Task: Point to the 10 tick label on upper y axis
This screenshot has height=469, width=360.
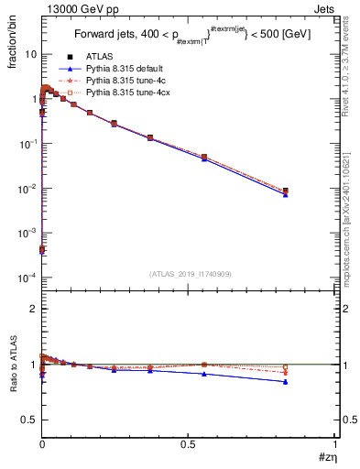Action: tap(30, 54)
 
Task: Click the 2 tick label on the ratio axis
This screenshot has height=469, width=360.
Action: tap(34, 309)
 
